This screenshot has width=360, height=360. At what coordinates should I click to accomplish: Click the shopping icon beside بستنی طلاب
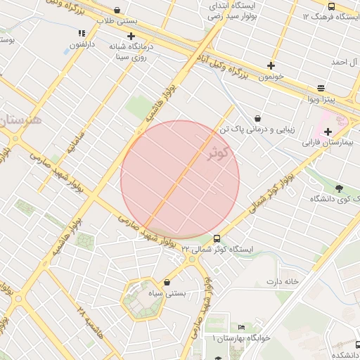(x=116, y=11)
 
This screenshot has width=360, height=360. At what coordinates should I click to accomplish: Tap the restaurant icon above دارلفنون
(x=82, y=32)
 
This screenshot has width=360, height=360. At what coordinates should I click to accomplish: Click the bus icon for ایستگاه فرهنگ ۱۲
(x=331, y=6)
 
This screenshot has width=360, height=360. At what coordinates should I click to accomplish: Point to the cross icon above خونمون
(x=271, y=65)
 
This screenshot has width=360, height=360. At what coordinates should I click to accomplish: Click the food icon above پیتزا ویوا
(x=321, y=88)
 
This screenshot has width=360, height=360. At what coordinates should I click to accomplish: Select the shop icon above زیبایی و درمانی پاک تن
(x=258, y=118)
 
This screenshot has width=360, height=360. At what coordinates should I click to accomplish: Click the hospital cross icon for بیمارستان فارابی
(x=328, y=131)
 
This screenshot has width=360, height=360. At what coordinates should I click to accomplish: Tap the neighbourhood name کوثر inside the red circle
(x=219, y=154)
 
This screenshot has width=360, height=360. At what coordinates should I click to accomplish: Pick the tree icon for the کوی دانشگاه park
(x=340, y=188)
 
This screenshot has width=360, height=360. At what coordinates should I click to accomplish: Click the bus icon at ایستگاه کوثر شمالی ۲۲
(x=216, y=239)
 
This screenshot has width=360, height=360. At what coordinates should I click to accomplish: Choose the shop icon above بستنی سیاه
(x=167, y=282)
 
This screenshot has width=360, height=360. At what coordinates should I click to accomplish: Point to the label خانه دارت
(x=282, y=281)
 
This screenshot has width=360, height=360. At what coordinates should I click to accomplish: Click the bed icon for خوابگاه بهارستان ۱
(x=241, y=328)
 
